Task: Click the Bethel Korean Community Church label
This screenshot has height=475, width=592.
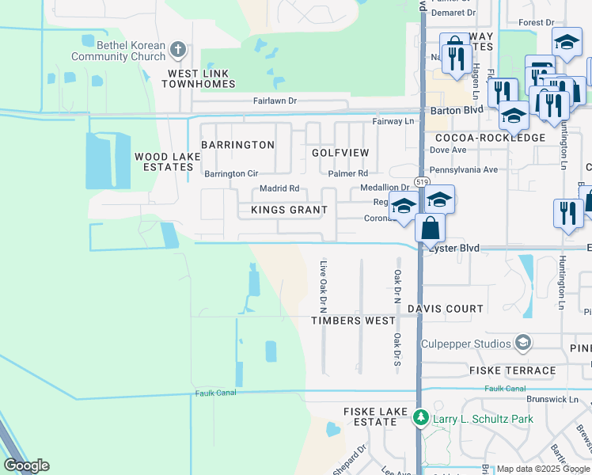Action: [x=118, y=51]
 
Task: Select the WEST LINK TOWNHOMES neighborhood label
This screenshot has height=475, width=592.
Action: [x=201, y=78]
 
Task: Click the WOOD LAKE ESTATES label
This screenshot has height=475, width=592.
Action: [x=167, y=162]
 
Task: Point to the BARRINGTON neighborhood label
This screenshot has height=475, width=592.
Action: [x=237, y=145]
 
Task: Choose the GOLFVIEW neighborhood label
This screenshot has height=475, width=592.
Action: [x=340, y=152]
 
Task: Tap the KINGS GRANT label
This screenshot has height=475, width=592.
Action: [x=289, y=210]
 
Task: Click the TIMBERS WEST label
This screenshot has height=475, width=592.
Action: [x=353, y=321]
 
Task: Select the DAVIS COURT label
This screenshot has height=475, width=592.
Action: [x=446, y=309]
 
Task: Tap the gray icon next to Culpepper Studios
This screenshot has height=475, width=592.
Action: [x=522, y=343]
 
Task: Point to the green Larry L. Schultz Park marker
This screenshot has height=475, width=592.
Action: [x=421, y=417]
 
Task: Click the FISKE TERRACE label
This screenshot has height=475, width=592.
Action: [x=513, y=370]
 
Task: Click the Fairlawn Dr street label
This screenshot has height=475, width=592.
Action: [x=275, y=101]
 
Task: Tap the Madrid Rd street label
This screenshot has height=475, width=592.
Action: [x=279, y=188]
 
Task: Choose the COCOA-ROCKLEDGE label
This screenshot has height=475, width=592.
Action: [x=490, y=138]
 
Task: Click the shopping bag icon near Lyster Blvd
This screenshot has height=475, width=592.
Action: [x=429, y=229]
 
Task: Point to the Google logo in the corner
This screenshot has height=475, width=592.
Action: [x=26, y=465]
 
